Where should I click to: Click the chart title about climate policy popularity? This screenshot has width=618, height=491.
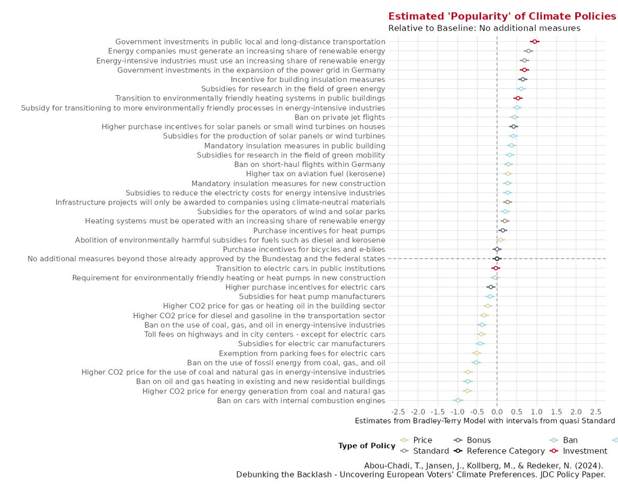coord(502,16)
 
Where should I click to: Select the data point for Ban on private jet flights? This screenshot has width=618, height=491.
coord(514,117)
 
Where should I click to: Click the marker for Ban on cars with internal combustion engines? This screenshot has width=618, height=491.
coord(458,400)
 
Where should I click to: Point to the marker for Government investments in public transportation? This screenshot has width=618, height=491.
coord(535,41)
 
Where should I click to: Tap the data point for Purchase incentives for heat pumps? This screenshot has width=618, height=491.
coord(503,230)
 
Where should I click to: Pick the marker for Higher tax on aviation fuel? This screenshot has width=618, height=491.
coord(508,174)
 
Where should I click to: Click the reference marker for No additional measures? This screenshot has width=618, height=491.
coord(497,259)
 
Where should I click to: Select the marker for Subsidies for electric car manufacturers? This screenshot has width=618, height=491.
coord(480,344)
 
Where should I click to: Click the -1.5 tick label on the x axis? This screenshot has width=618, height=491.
coord(437,412)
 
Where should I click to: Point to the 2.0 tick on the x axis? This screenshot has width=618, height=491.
coord(576,412)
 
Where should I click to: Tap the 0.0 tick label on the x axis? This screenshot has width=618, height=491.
coord(497,412)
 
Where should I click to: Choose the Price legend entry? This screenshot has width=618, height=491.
coord(422,441)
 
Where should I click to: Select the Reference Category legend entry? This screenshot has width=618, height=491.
coord(506,451)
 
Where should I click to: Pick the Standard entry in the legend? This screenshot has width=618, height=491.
coord(431,451)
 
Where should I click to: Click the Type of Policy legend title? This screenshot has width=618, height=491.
coord(366,446)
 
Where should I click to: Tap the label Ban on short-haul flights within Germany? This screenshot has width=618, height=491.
coord(310,164)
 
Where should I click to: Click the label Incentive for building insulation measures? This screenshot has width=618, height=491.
coord(308,79)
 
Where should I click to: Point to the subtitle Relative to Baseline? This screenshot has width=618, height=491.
coord(484,28)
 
